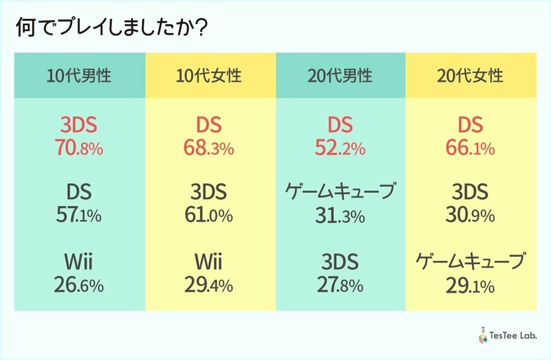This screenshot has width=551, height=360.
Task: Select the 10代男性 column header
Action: coord(79,76)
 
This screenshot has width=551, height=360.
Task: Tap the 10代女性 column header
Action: coord(210,76)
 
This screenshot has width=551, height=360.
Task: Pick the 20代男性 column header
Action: coord(340,76)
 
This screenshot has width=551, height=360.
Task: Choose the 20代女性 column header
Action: coord(471,76)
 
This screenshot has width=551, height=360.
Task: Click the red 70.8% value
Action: coord(79,149)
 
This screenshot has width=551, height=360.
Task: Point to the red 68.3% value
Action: coord(210,149)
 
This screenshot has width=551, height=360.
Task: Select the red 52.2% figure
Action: coord(340,149)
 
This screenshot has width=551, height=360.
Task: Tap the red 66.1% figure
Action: coord(471,149)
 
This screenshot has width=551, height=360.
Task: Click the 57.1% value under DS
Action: coord(79,215)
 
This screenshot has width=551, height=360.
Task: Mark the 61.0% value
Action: coord(210,215)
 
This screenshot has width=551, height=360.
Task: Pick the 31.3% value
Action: coord(340,215)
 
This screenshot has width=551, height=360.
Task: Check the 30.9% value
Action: coord(471,215)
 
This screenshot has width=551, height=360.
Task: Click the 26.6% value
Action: coord(79,285)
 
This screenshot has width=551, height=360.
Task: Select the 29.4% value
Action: coord(210,285)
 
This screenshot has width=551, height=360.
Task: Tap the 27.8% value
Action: coord(340,285)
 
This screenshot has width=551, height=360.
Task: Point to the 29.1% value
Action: coord(471,285)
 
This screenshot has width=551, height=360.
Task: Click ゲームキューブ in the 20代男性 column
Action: coord(340,191)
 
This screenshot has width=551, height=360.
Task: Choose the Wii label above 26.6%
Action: coord(79,262)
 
